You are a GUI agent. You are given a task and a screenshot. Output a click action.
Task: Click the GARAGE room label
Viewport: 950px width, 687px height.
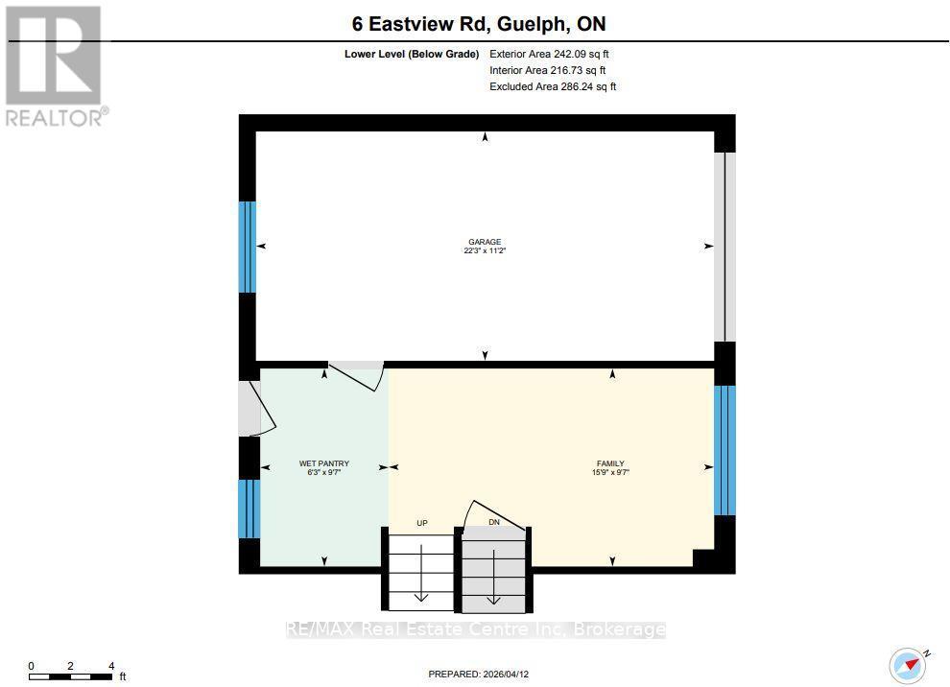[485, 242]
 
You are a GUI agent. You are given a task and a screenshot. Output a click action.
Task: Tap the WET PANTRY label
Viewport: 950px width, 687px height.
[324, 463]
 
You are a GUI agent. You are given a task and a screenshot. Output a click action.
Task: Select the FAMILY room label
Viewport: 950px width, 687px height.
[610, 463]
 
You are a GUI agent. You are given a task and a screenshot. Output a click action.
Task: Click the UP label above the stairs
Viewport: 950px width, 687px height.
[422, 523]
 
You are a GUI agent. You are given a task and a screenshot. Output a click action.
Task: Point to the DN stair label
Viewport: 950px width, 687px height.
[494, 522]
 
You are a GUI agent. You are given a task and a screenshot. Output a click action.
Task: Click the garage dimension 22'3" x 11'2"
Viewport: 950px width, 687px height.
[485, 250]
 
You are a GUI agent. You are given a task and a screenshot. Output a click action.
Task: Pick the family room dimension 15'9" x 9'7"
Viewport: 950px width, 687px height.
[610, 472]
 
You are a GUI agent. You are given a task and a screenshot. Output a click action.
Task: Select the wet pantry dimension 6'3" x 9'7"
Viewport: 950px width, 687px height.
[324, 472]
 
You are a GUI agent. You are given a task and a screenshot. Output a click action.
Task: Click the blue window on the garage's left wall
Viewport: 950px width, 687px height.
[248, 247]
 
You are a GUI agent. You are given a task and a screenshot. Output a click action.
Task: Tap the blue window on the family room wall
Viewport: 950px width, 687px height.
[724, 450]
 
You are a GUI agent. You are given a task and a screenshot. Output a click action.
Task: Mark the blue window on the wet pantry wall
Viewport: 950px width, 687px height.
[249, 509]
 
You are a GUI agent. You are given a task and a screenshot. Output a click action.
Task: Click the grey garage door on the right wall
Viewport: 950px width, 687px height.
[724, 247]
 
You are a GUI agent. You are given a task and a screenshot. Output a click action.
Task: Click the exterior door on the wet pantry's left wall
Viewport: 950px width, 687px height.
[257, 408]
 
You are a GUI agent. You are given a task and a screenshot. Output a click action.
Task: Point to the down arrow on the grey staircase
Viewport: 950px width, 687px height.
[494, 577]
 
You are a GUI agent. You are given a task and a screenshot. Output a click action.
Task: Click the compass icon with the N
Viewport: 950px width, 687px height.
[909, 665]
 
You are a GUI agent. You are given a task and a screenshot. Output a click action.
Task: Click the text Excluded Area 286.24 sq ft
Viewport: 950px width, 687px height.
[553, 86]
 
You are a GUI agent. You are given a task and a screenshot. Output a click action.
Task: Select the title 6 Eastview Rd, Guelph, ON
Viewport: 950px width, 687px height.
[479, 24]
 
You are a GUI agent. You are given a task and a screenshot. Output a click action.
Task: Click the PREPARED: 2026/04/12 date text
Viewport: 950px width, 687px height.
[479, 674]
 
